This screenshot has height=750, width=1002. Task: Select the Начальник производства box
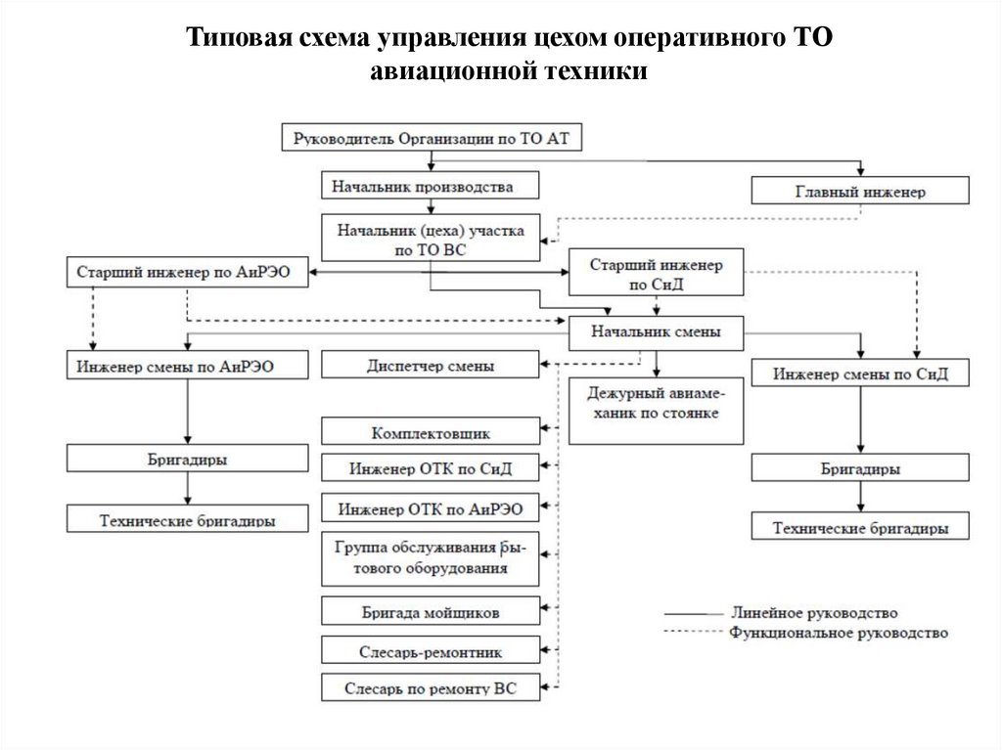click(430, 186)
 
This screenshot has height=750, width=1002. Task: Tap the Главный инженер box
click(860, 191)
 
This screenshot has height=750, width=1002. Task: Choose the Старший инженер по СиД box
click(656, 274)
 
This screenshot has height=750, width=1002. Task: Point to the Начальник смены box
click(656, 332)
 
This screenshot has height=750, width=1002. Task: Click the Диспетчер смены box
click(430, 366)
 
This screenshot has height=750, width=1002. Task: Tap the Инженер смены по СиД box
click(860, 374)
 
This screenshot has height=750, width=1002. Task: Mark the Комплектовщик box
click(430, 431)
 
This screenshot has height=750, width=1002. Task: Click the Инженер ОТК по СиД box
click(430, 468)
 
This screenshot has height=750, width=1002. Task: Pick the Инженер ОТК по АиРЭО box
click(430, 508)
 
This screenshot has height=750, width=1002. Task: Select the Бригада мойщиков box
click(430, 613)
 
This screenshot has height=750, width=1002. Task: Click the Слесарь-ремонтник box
click(430, 649)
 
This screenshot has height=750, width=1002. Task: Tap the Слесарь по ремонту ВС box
click(430, 687)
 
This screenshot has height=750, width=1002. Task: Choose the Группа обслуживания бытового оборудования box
click(430, 559)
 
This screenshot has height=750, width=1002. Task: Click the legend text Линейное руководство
click(813, 613)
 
